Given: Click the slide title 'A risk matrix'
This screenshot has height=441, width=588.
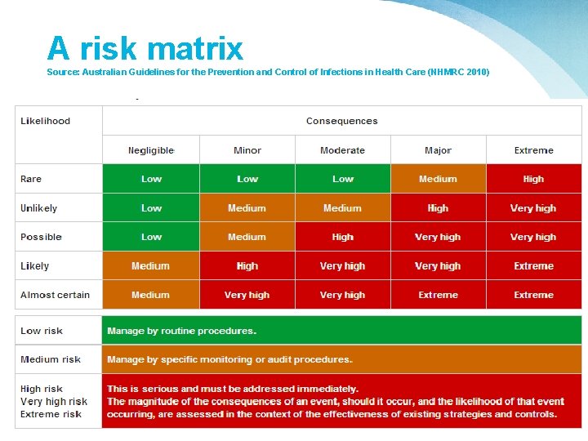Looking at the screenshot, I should point(145,49).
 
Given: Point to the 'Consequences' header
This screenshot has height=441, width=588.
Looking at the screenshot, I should point(341,121).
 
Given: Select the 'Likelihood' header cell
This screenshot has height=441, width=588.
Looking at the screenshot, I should point(46,121).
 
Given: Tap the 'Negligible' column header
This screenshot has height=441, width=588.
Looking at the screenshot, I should point(151,150).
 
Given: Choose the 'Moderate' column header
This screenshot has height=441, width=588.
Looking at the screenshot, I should point(342,150).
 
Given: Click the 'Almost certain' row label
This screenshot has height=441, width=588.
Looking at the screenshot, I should point(56,295).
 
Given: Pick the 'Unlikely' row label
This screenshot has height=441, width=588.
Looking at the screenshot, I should point(39,208).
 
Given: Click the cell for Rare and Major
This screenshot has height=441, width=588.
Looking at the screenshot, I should point(438,179).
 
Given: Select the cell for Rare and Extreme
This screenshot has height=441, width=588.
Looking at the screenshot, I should point(533,179).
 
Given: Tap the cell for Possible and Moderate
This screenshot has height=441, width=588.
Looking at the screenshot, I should point(342,237).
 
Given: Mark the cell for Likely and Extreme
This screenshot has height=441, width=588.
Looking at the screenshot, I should point(533,266).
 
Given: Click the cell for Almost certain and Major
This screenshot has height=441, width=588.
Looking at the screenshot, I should point(438,295).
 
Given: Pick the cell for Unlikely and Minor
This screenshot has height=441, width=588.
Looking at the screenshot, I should point(247,208).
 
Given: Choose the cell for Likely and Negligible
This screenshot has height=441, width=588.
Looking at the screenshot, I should point(151,266).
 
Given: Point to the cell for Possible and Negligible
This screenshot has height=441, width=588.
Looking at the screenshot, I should point(151,237).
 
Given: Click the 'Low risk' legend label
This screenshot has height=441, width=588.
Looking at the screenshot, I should point(42,331).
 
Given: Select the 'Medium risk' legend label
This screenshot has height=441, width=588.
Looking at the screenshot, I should point(51,359).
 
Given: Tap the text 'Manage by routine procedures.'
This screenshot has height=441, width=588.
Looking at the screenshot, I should point(182,331).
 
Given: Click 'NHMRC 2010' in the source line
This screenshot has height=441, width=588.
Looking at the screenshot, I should point(462,72).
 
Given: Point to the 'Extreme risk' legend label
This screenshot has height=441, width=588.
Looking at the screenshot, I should point(51,414).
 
